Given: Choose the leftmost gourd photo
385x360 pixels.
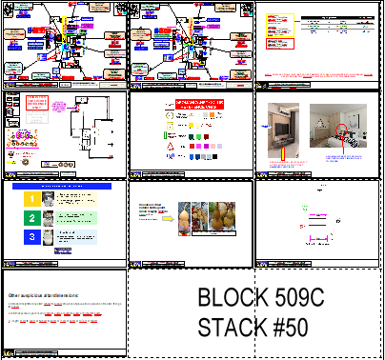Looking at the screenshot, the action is click(188, 217).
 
